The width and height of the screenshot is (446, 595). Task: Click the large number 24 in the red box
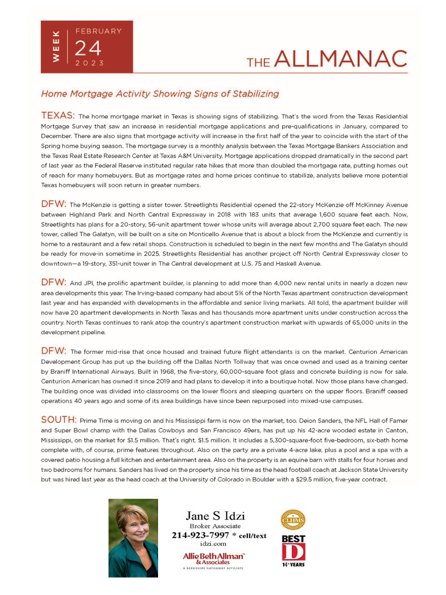pos(88,48)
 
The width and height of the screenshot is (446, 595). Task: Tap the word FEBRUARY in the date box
pos(98,31)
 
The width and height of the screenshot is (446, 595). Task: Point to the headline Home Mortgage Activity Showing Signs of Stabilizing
pos(160,93)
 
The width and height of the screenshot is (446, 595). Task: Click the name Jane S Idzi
pos(215,516)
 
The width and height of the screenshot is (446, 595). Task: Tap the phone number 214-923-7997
pos(200,535)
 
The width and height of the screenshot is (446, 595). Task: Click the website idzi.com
pos(215,544)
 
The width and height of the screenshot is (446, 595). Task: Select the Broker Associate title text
pos(215,526)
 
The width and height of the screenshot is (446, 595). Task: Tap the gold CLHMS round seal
pos(293,520)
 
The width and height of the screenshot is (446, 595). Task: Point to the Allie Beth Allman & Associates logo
pos(214,559)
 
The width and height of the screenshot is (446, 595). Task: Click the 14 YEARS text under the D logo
pos(293,564)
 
